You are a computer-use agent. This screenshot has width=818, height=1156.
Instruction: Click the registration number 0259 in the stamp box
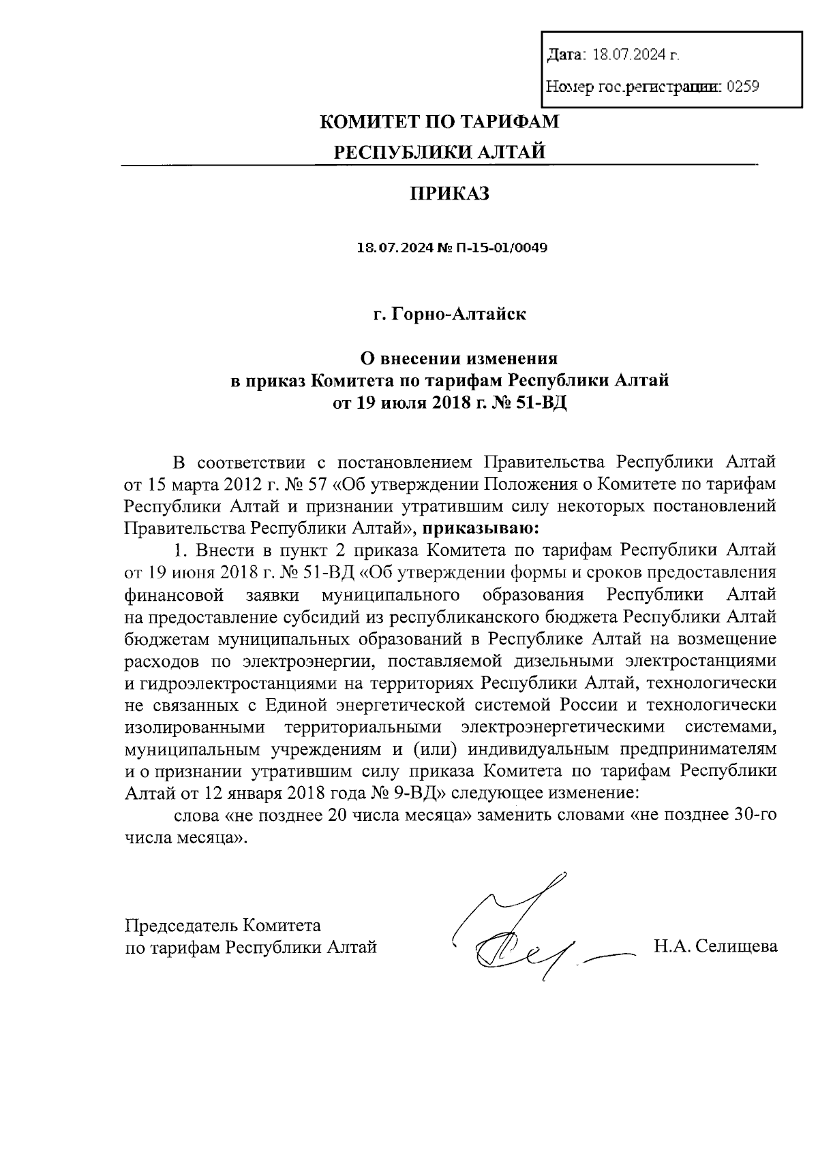744,87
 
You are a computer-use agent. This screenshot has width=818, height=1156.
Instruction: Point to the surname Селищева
736,946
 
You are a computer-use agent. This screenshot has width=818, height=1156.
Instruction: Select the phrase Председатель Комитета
223,925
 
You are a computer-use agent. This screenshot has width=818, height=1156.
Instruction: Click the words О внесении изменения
459,358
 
